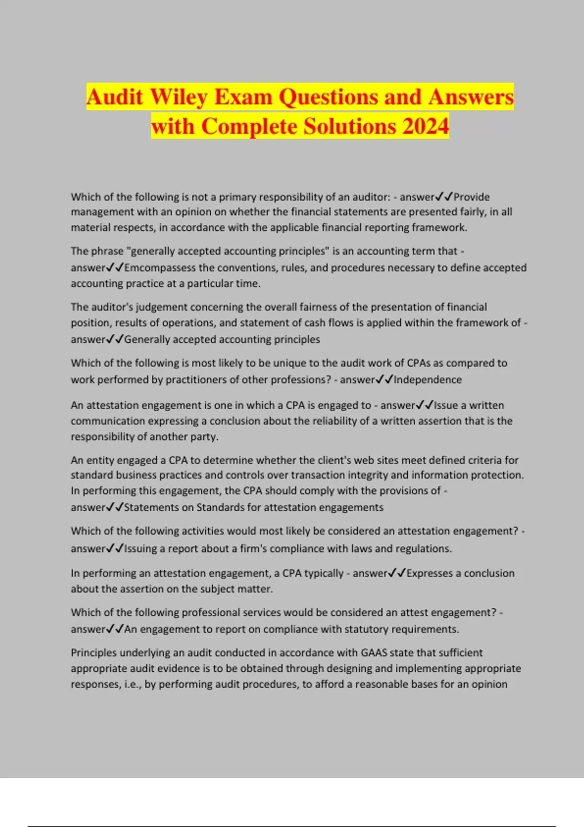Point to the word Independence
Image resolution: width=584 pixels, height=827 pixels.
click(x=428, y=379)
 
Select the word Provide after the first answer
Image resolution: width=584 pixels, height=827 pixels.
click(x=472, y=197)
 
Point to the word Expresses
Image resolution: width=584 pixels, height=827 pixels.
click(x=430, y=573)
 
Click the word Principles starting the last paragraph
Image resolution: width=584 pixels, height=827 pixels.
click(x=93, y=653)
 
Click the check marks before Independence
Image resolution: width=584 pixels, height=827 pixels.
click(x=384, y=379)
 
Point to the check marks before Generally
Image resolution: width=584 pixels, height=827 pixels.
click(x=115, y=340)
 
